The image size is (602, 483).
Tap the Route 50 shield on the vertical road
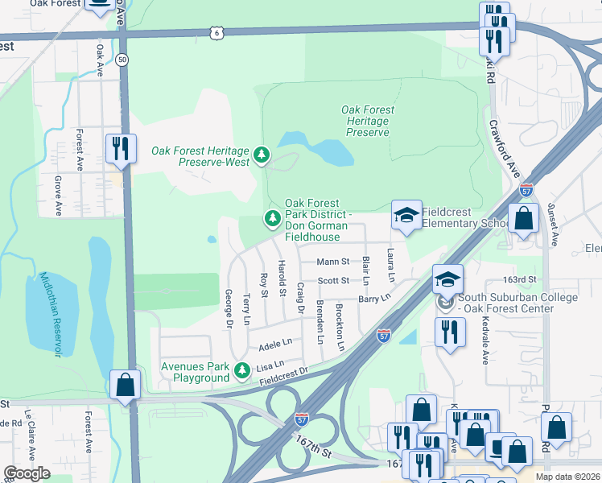[122, 60]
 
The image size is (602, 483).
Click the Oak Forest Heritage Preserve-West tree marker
[261, 155]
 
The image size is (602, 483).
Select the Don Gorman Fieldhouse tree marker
[273, 218]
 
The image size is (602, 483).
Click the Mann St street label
[332, 262]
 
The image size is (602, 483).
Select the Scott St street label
[333, 281]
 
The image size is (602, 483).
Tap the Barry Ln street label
[374, 298]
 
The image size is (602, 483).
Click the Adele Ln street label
[274, 345]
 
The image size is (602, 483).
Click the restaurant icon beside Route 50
[121, 148]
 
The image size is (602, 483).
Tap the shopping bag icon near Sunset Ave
[523, 218]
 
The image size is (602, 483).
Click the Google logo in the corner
[27, 473]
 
